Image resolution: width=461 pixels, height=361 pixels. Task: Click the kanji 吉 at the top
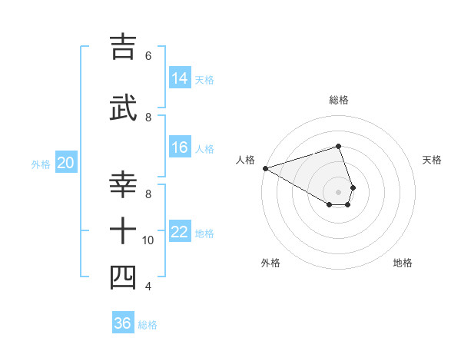[124, 47]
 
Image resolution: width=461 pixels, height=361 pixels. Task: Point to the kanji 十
[124, 231]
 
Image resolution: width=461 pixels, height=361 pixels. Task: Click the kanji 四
[124, 277]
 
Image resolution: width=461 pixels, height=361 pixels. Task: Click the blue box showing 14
[180, 78]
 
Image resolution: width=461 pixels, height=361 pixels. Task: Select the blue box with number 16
[180, 147]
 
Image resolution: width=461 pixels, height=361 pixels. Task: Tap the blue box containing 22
[180, 232]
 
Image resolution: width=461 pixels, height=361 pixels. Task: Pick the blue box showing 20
[66, 163]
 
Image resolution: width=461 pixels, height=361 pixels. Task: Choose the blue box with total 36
[123, 323]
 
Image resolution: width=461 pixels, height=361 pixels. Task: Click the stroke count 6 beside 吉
[148, 55]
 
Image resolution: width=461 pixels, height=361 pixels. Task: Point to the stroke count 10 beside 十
[148, 240]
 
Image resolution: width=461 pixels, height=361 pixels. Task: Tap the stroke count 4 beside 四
[148, 286]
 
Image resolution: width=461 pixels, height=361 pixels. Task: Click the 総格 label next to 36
[148, 325]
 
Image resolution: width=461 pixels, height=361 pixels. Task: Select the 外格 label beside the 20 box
[41, 164]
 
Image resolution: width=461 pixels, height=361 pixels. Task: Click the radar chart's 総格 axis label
[338, 100]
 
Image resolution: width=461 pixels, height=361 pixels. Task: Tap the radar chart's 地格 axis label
[403, 263]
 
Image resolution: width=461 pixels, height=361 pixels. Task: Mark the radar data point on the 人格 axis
[265, 168]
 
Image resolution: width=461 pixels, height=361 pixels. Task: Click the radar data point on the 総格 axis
[338, 146]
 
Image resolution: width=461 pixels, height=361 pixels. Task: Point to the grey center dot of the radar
[338, 191]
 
